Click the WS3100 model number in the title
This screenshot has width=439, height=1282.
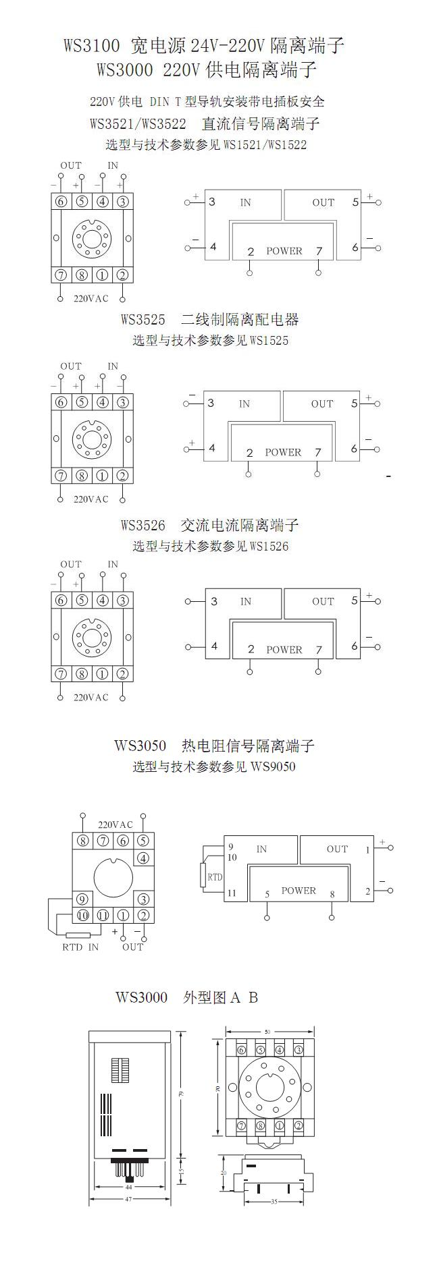tap(92, 46)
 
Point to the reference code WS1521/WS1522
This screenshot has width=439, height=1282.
tap(265, 145)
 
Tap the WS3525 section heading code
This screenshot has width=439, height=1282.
tap(143, 319)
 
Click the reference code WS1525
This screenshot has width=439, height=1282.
tap(269, 341)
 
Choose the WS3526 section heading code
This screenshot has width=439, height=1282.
tap(143, 525)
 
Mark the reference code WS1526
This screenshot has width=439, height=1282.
tap(269, 546)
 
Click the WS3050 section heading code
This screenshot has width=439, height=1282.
tap(140, 746)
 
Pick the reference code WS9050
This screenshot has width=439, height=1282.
tap(273, 767)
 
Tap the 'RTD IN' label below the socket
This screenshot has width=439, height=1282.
tap(80, 947)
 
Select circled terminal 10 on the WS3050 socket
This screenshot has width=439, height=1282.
tap(82, 916)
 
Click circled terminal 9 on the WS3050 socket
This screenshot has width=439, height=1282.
tap(82, 899)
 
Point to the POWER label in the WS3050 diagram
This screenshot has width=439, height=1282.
tap(299, 891)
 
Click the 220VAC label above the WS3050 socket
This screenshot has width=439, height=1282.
tap(115, 825)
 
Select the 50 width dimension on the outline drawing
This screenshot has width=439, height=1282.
tap(267, 1032)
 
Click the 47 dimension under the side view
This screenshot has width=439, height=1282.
tap(128, 1199)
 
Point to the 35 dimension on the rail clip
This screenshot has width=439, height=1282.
tap(274, 1202)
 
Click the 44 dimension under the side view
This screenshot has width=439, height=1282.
tap(128, 1187)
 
